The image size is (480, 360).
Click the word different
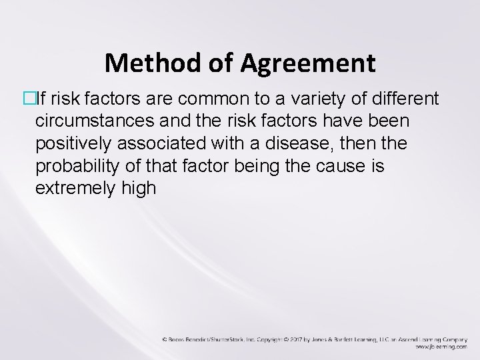click(x=404, y=99)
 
